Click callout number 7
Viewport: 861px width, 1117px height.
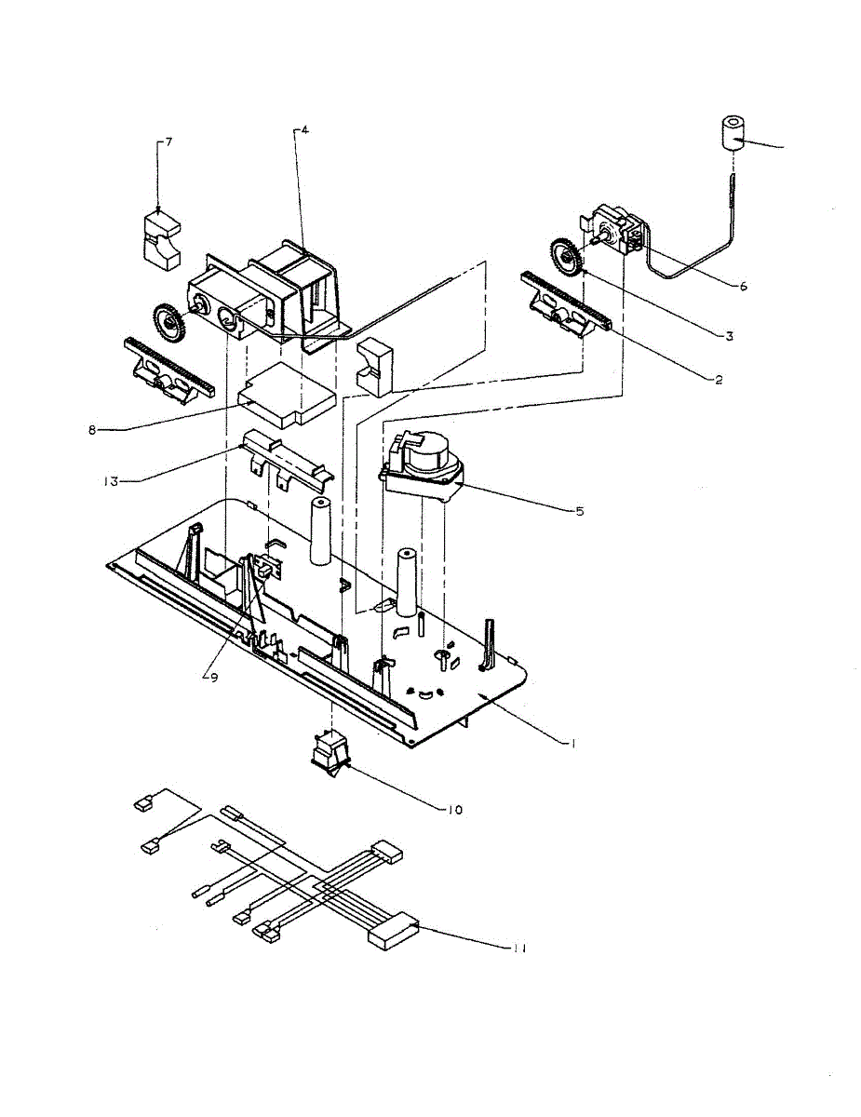pos(168,141)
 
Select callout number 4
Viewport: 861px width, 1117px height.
pos(304,131)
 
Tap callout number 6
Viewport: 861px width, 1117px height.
pos(743,287)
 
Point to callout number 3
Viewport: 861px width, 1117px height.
pos(729,336)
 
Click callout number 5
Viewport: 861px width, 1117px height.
pos(579,511)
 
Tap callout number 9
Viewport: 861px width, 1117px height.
pos(212,678)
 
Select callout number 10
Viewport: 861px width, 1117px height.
pos(454,810)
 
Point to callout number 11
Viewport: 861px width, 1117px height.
pos(518,948)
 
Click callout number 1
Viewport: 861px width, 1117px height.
pos(574,743)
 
